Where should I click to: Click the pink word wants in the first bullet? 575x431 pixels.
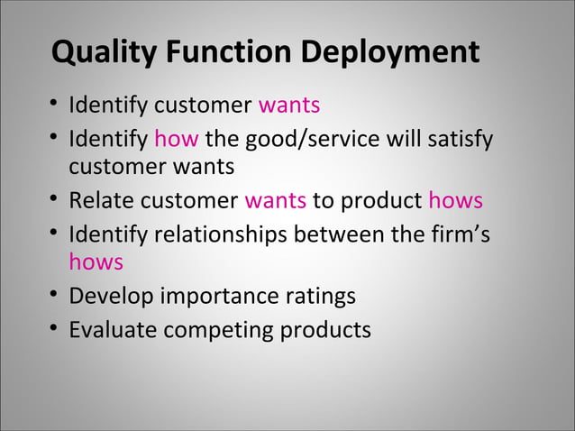pos(289,106)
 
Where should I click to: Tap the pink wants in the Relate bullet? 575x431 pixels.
pos(275,200)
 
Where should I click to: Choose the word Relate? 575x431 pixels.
pos(101,200)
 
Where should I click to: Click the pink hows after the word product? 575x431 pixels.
pos(455,200)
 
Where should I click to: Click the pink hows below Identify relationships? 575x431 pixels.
pos(96,262)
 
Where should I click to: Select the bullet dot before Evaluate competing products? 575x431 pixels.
pos(55,329)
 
